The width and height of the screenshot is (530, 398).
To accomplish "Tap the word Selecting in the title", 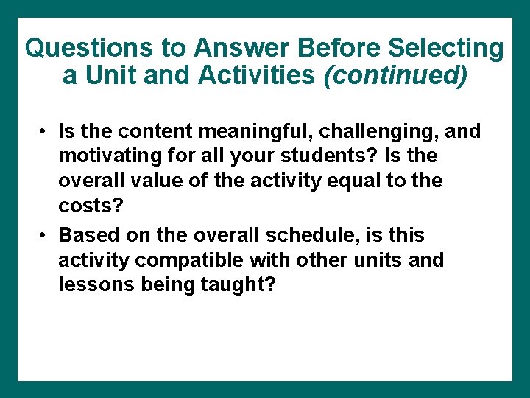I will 446,49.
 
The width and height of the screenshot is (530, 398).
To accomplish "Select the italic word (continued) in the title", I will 395,76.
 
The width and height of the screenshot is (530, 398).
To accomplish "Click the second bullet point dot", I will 45,235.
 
